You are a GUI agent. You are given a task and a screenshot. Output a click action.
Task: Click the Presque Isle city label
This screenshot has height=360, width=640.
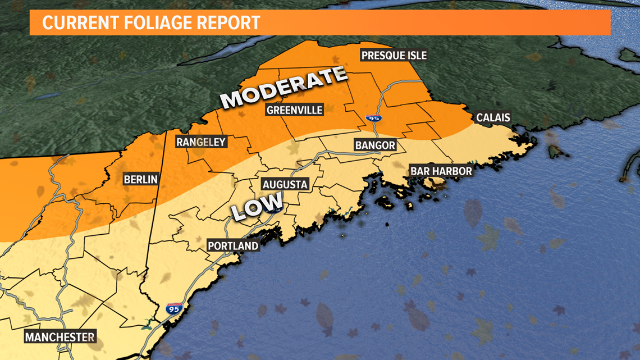pyautogui.click(x=394, y=55)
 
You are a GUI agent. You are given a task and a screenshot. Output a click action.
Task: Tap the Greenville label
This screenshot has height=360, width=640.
pyautogui.click(x=294, y=110)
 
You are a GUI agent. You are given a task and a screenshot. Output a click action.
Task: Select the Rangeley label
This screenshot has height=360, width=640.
pyautogui.click(x=200, y=142)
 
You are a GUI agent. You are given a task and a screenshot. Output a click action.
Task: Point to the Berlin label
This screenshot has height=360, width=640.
pyautogui.click(x=141, y=180)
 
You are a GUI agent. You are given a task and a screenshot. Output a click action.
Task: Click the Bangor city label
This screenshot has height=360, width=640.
pyautogui.click(x=375, y=145)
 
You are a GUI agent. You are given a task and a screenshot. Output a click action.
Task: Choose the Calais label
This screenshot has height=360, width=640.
pyautogui.click(x=492, y=117)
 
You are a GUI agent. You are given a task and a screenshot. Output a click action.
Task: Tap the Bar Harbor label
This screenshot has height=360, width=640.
pyautogui.click(x=441, y=171)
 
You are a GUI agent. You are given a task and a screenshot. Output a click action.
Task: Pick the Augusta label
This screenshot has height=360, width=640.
pyautogui.click(x=285, y=184)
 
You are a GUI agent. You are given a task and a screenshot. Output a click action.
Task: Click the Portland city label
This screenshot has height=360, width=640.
pyautogui.click(x=233, y=246)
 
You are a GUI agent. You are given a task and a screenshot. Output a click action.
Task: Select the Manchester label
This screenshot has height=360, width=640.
pyautogui.click(x=60, y=337)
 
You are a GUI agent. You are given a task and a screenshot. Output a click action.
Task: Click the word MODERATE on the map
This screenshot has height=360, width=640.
pyautogui.click(x=284, y=88)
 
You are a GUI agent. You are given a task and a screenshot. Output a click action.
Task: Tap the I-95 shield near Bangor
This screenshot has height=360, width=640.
pyautogui.click(x=372, y=119)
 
